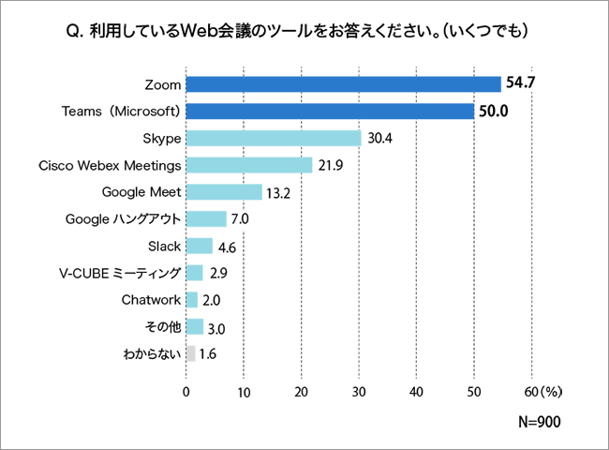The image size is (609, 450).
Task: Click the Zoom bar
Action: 343,84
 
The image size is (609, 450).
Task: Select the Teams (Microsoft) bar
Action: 330,112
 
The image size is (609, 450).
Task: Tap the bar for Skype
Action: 274,139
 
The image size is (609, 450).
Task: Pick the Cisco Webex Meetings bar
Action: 249,165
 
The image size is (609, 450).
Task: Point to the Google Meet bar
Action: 224,192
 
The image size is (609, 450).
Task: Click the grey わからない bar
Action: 191,353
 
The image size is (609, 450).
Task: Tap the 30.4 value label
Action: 379,139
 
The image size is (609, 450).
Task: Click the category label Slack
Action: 164,246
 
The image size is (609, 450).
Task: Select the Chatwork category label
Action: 151,300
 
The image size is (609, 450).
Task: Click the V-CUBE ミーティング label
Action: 119,273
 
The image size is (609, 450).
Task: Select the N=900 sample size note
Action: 539,421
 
